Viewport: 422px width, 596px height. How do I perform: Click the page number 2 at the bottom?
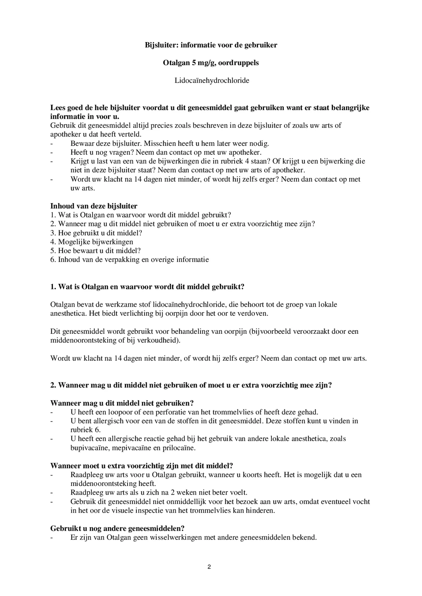pos(209,567)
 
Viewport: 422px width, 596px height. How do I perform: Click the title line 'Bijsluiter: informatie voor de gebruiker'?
pos(211,45)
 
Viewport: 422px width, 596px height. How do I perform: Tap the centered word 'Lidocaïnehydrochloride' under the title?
pos(212,80)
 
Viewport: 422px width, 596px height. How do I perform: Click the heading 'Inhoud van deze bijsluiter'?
pos(94,206)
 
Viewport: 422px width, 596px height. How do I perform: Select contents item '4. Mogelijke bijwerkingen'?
pos(92,242)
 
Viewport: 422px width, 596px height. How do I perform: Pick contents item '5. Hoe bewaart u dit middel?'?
pos(95,251)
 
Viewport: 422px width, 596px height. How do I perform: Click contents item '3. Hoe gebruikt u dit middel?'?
pos(96,233)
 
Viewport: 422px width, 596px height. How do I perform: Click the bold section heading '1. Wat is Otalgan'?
pos(147,287)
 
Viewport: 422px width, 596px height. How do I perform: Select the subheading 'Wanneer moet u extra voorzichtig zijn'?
pos(141,466)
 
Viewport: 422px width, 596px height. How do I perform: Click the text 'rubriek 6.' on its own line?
pos(85,430)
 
